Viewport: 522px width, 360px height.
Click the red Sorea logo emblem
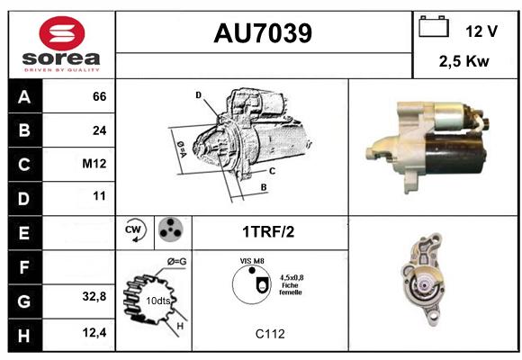pyautogui.click(x=62, y=33)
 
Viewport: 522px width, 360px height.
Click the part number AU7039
pyautogui.click(x=263, y=33)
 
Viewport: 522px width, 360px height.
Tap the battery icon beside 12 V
pyautogui.click(x=434, y=26)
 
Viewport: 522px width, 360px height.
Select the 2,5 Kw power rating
pyautogui.click(x=463, y=61)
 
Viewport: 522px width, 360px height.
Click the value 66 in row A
pyautogui.click(x=100, y=96)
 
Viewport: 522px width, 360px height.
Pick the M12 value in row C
pyautogui.click(x=94, y=164)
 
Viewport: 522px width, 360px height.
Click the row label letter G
pyautogui.click(x=24, y=301)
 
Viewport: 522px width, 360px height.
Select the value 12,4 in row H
pyautogui.click(x=94, y=332)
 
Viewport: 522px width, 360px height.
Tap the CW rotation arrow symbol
pyautogui.click(x=134, y=230)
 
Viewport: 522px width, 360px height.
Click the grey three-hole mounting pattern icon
pyautogui.click(x=171, y=229)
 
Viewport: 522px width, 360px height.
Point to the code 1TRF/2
pyautogui.click(x=268, y=232)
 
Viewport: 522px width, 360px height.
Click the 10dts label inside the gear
pyautogui.click(x=157, y=301)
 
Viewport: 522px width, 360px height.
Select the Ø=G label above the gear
pyautogui.click(x=176, y=262)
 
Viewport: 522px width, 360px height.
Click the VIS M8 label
pyautogui.click(x=252, y=261)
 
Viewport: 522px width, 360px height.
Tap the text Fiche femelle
pyautogui.click(x=291, y=289)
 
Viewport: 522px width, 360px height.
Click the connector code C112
pyautogui.click(x=270, y=334)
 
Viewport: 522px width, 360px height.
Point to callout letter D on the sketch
pyautogui.click(x=198, y=95)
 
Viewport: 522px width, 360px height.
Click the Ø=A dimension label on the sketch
pyautogui.click(x=182, y=149)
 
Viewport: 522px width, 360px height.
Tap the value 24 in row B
pyautogui.click(x=100, y=130)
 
